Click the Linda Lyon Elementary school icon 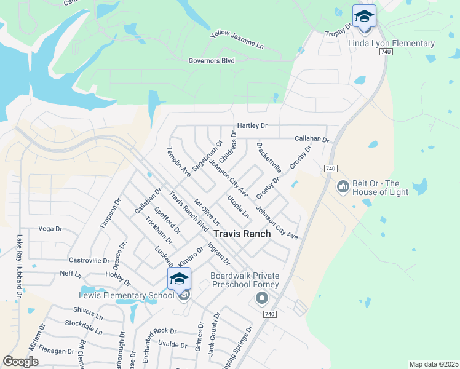pos(364,17)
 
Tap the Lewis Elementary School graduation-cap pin pos(179,279)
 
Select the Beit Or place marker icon pos(343,185)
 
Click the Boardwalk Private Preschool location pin pos(261,298)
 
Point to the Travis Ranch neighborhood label pos(241,234)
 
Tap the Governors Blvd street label pos(212,60)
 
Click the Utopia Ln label pos(239,206)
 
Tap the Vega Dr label pos(50,229)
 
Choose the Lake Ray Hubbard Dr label pos(20,266)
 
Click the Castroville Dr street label pos(89,261)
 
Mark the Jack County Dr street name pos(213,334)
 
